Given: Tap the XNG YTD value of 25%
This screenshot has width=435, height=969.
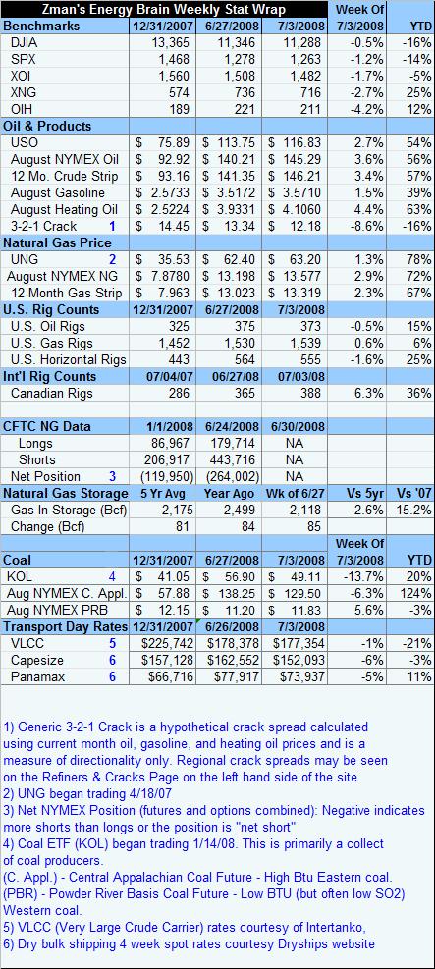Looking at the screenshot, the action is (x=419, y=92).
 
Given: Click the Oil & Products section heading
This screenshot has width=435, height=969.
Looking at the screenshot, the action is (x=47, y=126).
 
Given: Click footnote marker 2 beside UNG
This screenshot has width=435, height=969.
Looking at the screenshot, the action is (x=113, y=259).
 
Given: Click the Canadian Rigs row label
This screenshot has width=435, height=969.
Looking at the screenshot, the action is (x=52, y=393).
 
